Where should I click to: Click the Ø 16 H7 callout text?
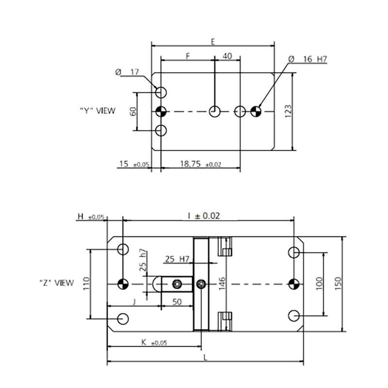307,59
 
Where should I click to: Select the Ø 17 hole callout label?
127,72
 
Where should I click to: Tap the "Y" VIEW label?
98,111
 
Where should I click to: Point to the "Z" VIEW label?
57,283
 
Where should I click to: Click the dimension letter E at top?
213,42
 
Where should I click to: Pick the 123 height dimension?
288,112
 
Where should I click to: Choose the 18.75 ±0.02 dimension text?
200,164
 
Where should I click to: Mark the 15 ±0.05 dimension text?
134,164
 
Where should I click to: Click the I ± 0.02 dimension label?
203,216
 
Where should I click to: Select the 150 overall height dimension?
338,284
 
